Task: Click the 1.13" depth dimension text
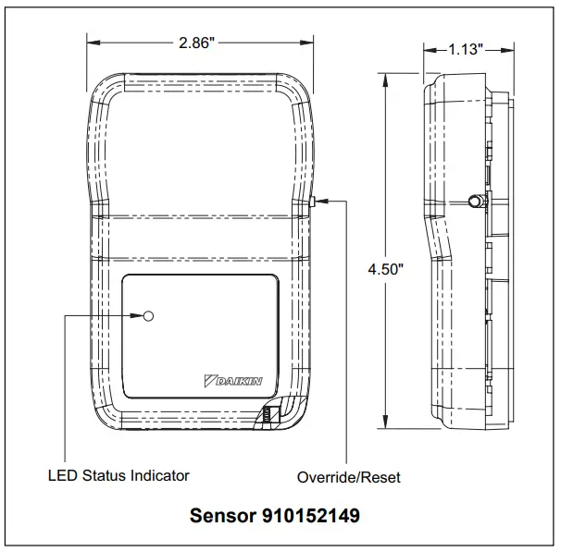(x=467, y=50)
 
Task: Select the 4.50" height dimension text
(x=385, y=270)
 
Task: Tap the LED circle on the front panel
(x=148, y=316)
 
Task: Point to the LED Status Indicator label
(x=118, y=475)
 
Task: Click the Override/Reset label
(x=349, y=478)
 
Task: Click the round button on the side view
(x=474, y=201)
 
